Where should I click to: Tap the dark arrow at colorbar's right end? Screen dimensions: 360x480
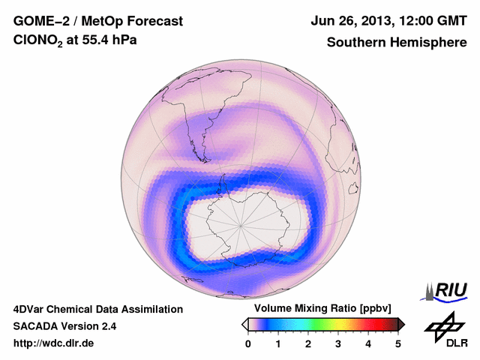coord(401,324)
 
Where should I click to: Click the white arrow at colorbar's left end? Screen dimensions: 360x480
coord(244,324)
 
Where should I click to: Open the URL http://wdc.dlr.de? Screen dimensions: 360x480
coord(54,343)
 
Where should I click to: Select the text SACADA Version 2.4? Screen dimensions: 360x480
coord(64,326)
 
